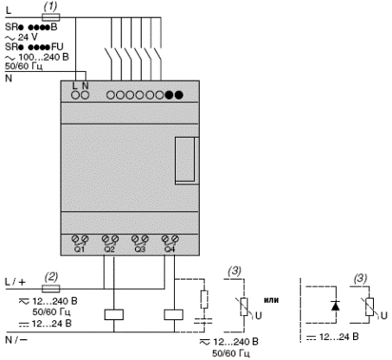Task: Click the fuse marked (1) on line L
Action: click(x=51, y=17)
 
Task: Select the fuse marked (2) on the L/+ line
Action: click(x=51, y=288)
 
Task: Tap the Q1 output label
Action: click(x=80, y=249)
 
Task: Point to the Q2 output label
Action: click(x=110, y=249)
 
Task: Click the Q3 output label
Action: click(x=140, y=249)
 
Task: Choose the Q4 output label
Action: click(x=170, y=249)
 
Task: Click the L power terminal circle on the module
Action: click(x=75, y=95)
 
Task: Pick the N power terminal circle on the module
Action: click(x=85, y=95)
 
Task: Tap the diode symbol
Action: click(x=336, y=305)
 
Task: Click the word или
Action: click(x=272, y=299)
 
